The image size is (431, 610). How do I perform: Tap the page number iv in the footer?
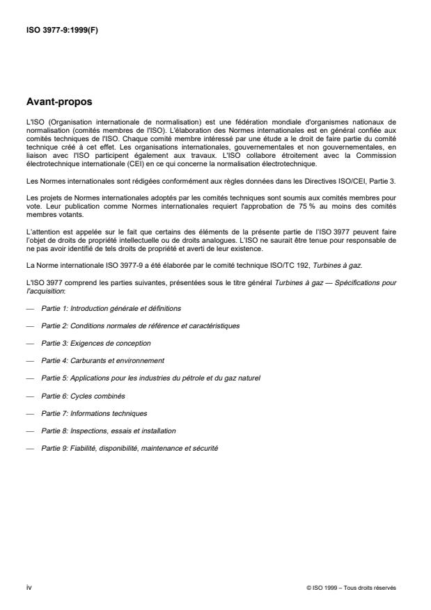pyautogui.click(x=29, y=587)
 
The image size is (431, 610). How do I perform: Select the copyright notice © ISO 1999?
pyautogui.click(x=351, y=588)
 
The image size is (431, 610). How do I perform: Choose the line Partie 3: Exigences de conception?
pyautogui.click(x=96, y=343)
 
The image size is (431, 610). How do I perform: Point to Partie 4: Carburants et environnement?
pyautogui.click(x=103, y=361)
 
